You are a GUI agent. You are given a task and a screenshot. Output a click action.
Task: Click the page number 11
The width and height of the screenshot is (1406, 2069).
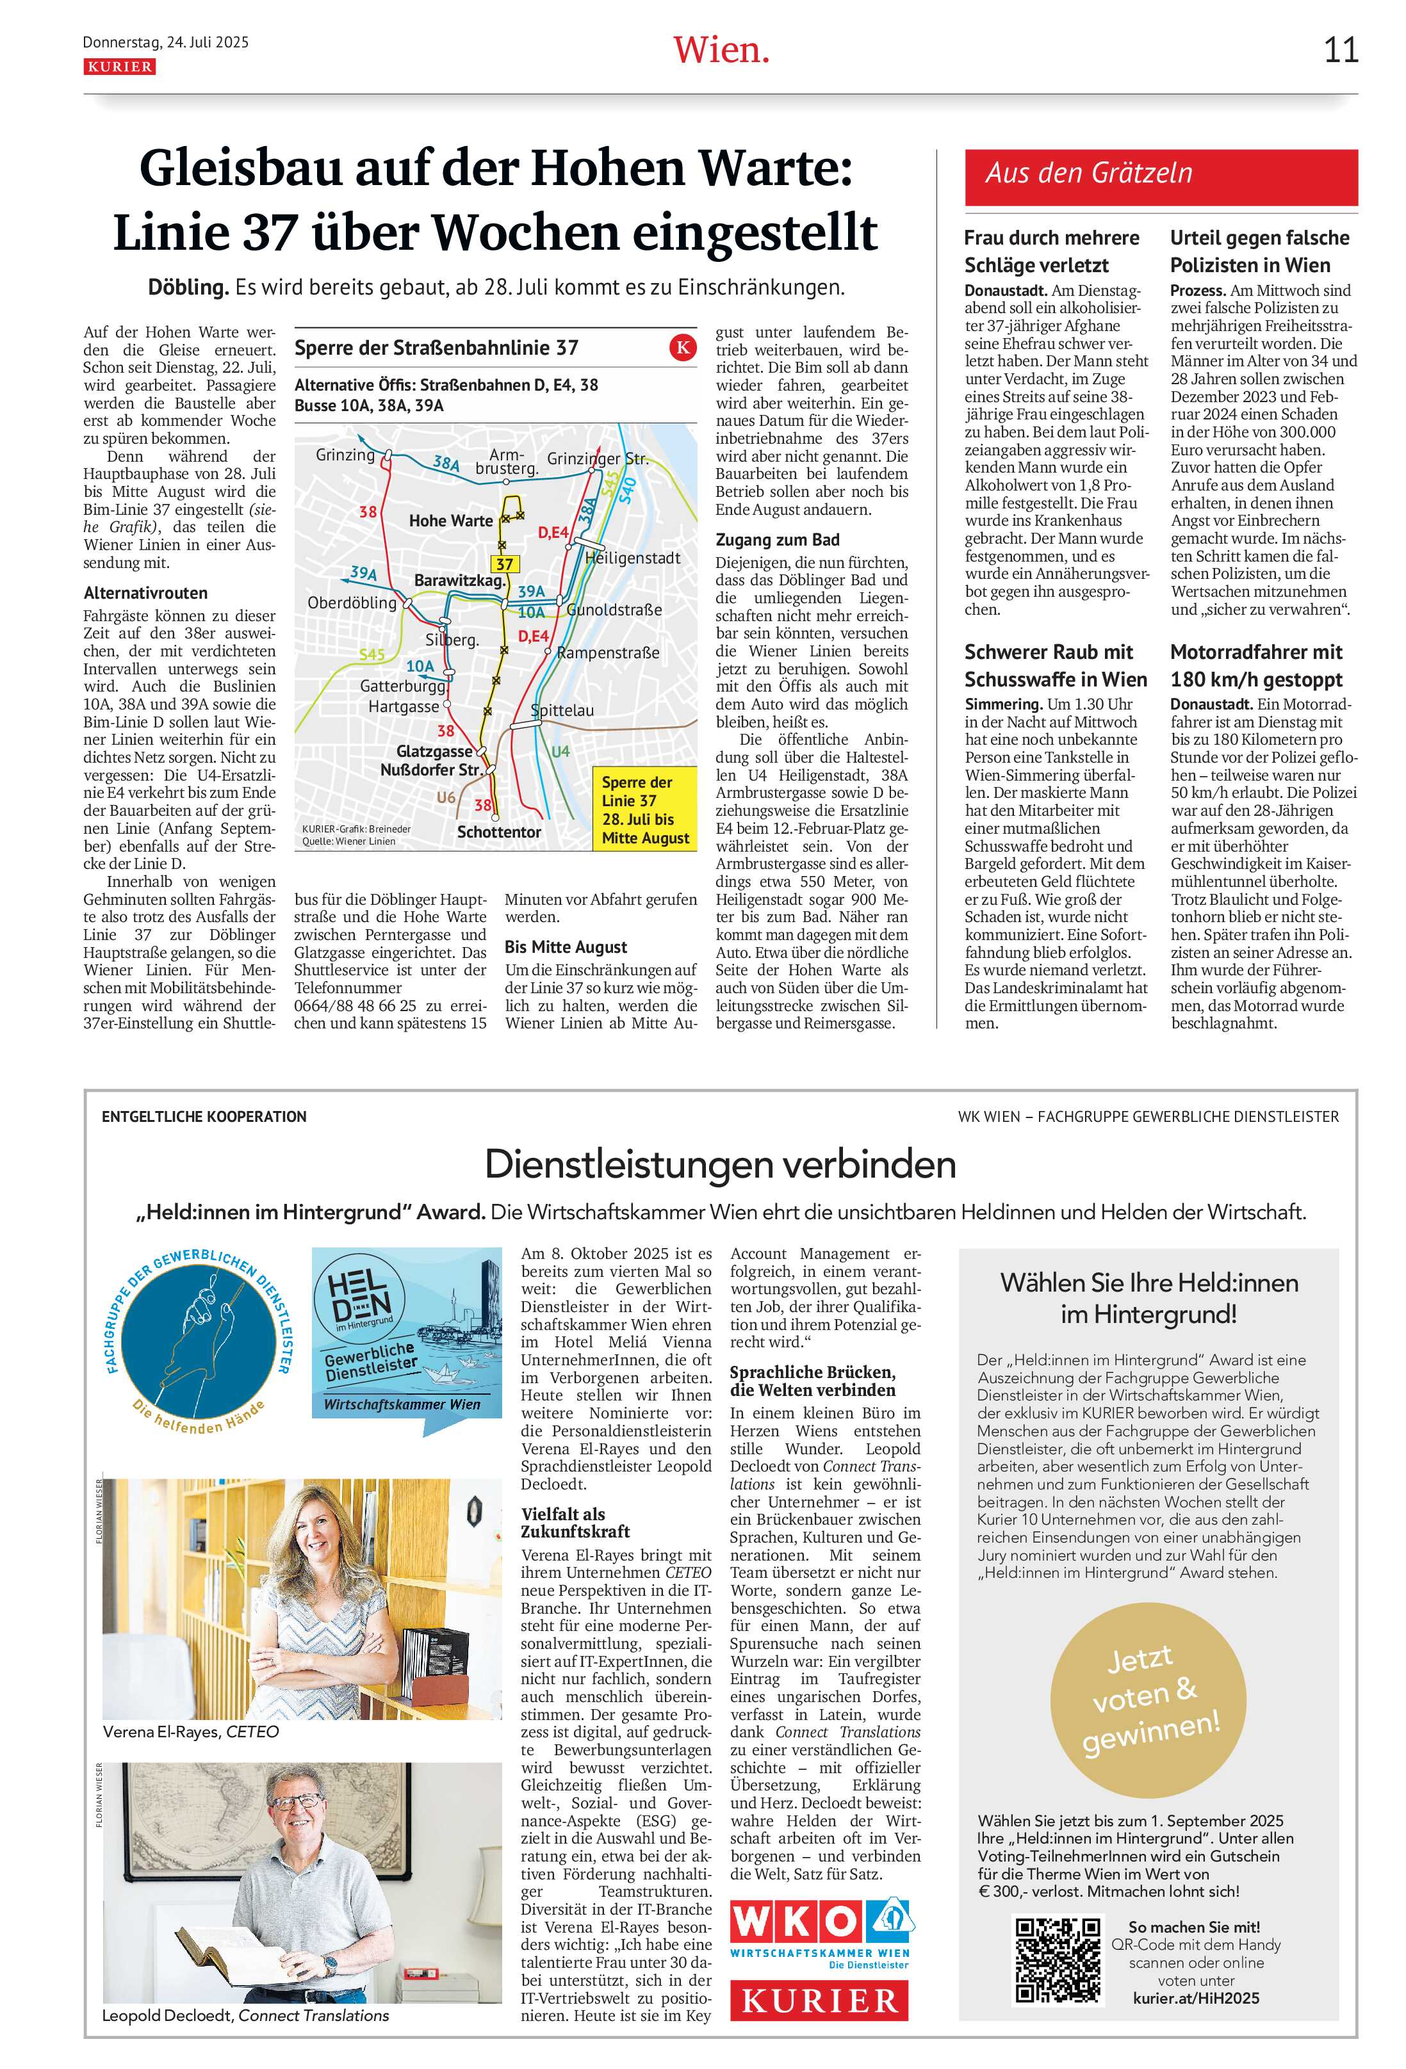click(1340, 51)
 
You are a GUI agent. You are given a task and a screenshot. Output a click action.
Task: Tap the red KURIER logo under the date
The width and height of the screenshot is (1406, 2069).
click(119, 67)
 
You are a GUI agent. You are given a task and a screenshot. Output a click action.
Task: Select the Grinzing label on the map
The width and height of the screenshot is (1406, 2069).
click(345, 455)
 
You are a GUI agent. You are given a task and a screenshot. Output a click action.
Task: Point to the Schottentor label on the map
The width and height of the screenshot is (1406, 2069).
click(498, 832)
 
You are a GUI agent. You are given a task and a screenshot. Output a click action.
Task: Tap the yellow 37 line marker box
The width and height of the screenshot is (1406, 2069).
click(505, 564)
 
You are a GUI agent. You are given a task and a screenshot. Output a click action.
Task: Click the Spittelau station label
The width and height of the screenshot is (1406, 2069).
click(563, 710)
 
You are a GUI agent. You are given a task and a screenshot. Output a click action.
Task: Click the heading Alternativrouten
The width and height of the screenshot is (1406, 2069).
click(145, 593)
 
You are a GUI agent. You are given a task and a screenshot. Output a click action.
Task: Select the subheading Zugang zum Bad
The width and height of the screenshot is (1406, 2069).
click(776, 540)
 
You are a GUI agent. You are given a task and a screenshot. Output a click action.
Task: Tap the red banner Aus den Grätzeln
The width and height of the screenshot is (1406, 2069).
click(1160, 174)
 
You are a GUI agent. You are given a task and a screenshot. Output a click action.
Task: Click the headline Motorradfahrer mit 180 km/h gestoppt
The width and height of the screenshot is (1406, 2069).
click(1256, 665)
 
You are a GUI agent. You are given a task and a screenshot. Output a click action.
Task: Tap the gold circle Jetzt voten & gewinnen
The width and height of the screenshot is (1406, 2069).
click(1148, 1702)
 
